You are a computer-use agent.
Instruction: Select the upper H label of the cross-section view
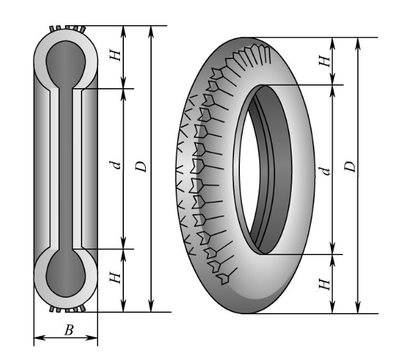(116, 56)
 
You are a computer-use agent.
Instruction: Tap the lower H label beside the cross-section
(116, 278)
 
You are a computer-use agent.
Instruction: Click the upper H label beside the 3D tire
(324, 60)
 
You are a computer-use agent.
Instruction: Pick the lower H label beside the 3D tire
(324, 283)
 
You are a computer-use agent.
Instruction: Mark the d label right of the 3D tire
(324, 171)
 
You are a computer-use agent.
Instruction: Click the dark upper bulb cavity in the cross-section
(65, 64)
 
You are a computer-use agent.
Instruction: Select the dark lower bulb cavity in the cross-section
(65, 272)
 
